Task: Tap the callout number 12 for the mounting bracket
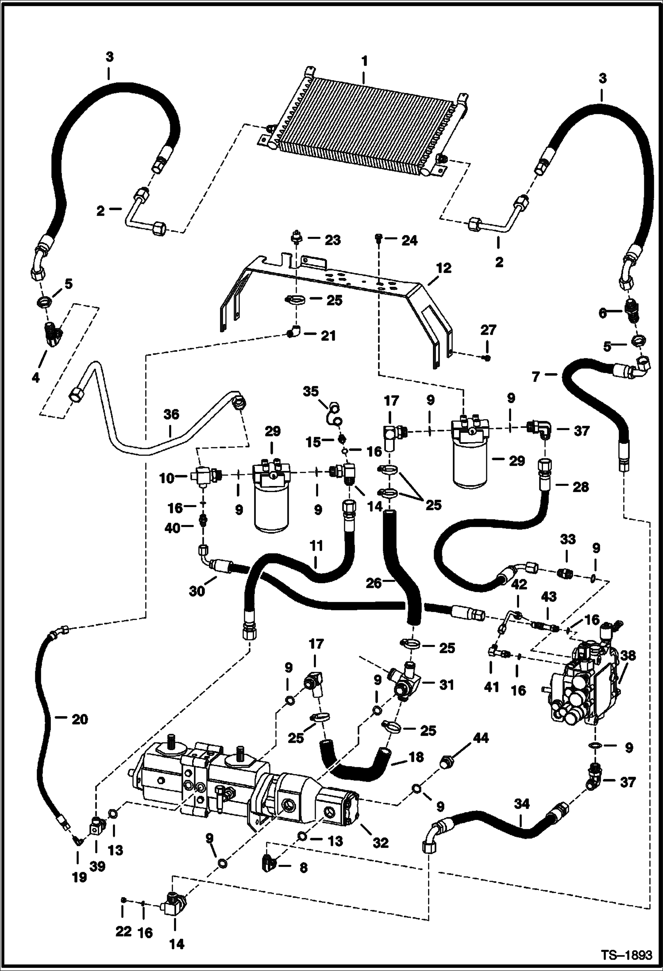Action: (443, 268)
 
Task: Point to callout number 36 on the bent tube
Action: (171, 415)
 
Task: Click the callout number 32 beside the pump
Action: (381, 842)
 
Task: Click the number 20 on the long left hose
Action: (80, 720)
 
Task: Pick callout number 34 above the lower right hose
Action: (522, 804)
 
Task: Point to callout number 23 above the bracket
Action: (333, 240)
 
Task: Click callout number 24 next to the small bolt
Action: (409, 241)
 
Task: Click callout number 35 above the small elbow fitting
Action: (311, 391)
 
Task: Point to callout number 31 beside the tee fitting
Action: (447, 685)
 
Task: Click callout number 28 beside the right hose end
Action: (581, 487)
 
